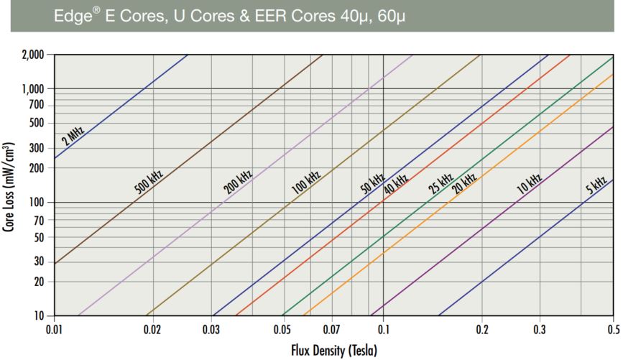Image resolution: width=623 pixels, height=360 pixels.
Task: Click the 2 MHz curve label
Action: point(73,135)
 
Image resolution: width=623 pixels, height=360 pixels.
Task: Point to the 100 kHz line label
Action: point(305,183)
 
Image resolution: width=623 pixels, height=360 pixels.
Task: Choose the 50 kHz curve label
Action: point(372,184)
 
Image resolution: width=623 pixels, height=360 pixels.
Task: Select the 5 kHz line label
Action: point(596,185)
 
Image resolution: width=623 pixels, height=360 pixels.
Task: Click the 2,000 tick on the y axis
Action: point(33,55)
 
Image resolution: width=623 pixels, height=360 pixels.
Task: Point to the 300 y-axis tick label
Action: point(37,148)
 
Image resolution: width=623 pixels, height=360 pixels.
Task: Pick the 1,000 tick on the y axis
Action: point(33,89)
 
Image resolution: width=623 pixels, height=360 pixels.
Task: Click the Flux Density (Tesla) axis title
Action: point(334,349)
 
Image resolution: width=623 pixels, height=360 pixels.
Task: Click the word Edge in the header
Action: point(70,16)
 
